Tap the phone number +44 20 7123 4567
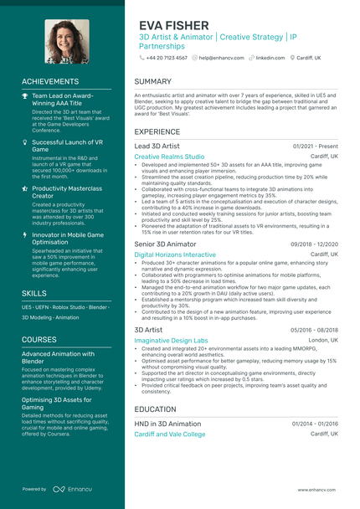167,58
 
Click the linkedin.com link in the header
270,58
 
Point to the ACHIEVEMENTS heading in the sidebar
50,81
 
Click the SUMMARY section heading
152,81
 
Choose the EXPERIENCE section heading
157,131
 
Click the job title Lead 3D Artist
157,146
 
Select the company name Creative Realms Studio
169,157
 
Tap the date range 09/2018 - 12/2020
314,244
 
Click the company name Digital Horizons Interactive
175,254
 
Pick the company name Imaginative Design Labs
171,341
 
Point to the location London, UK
323,340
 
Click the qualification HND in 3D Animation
167,424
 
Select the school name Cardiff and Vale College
169,434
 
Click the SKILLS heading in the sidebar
34,294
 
